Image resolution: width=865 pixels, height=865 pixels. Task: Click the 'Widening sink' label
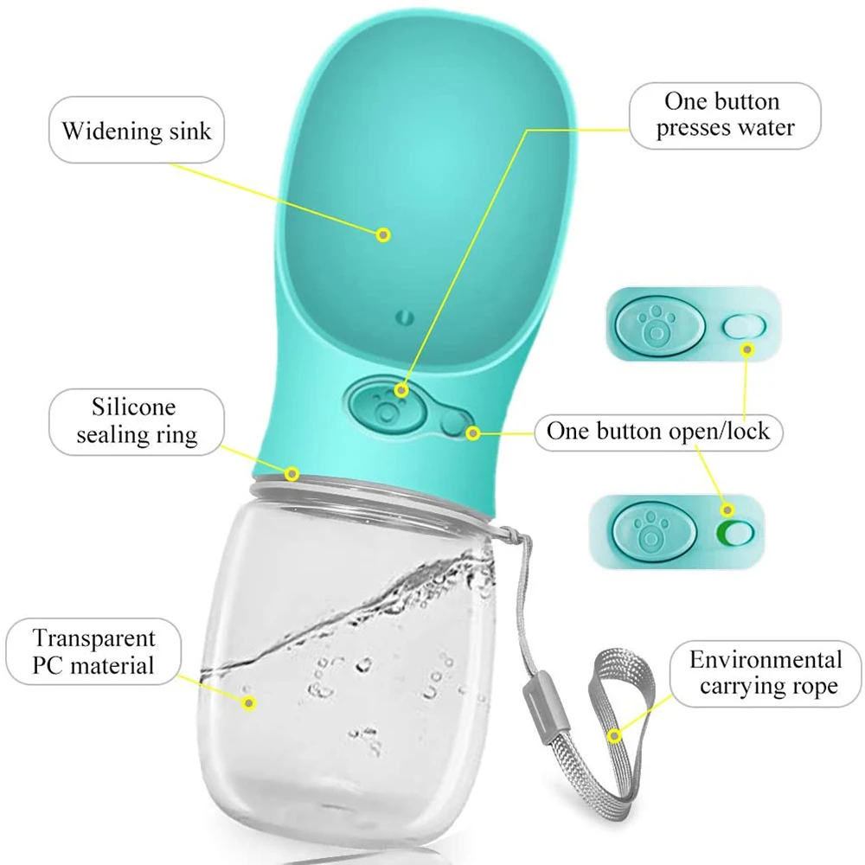click(x=136, y=132)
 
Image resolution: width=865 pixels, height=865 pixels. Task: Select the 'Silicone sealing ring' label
click(x=136, y=421)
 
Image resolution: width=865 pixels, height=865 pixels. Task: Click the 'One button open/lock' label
click(x=657, y=431)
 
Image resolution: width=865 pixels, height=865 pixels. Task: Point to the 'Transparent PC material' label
click(x=94, y=651)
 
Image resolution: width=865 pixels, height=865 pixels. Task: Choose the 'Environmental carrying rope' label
click(x=765, y=673)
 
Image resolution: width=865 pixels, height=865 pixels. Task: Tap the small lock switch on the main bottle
click(x=453, y=422)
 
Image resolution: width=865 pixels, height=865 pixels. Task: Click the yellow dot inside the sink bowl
click(x=384, y=234)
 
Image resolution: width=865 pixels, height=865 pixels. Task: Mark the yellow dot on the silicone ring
click(x=292, y=474)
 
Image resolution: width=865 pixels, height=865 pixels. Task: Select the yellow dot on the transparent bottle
click(x=250, y=703)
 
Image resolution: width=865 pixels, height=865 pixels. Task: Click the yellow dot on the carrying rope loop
click(x=615, y=736)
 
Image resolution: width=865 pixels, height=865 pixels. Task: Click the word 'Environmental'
click(x=765, y=661)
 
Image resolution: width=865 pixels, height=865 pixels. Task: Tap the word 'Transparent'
click(x=94, y=639)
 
